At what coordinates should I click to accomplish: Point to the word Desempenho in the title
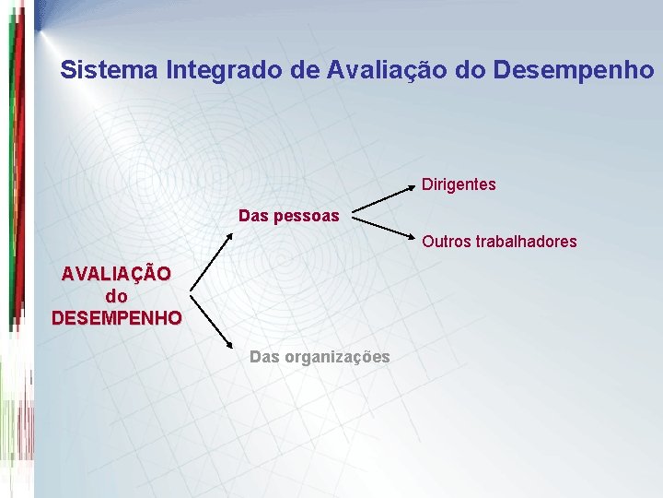pyautogui.click(x=574, y=69)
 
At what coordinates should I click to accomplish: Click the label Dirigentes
pyautogui.click(x=459, y=184)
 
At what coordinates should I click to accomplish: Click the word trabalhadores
pyautogui.click(x=526, y=242)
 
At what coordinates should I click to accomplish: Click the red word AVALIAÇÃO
pyautogui.click(x=116, y=275)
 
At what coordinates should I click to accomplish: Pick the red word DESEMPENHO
pyautogui.click(x=117, y=319)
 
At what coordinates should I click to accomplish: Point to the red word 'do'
pyautogui.click(x=117, y=297)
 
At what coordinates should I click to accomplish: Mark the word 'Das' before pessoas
pyautogui.click(x=253, y=216)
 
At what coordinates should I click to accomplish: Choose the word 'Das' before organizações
pyautogui.click(x=264, y=357)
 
